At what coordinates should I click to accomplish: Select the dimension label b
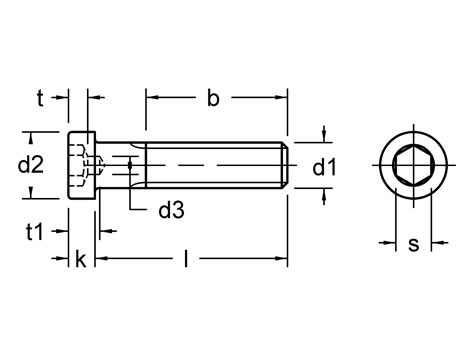[x=212, y=98]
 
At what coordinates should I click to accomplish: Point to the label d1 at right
[x=324, y=167]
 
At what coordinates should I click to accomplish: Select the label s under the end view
[x=412, y=244]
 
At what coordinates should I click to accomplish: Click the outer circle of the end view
[x=411, y=131]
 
